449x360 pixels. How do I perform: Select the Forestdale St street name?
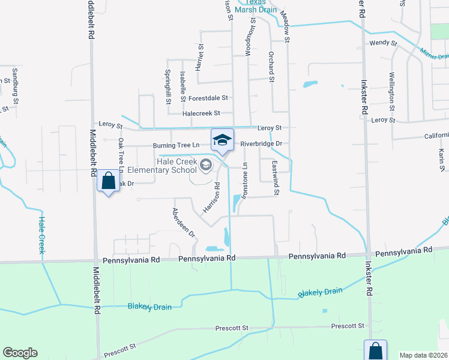[209, 98]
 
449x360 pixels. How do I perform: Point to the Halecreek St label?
[201, 113]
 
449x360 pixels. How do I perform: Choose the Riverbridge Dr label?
[261, 144]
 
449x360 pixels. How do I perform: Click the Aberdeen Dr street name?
[184, 223]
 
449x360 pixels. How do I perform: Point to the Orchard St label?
[271, 70]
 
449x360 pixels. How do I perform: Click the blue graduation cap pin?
[222, 140]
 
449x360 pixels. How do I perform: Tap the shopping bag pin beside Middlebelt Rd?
[108, 180]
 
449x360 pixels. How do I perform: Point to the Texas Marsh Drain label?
[259, 6]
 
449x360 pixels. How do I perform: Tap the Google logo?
[20, 353]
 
